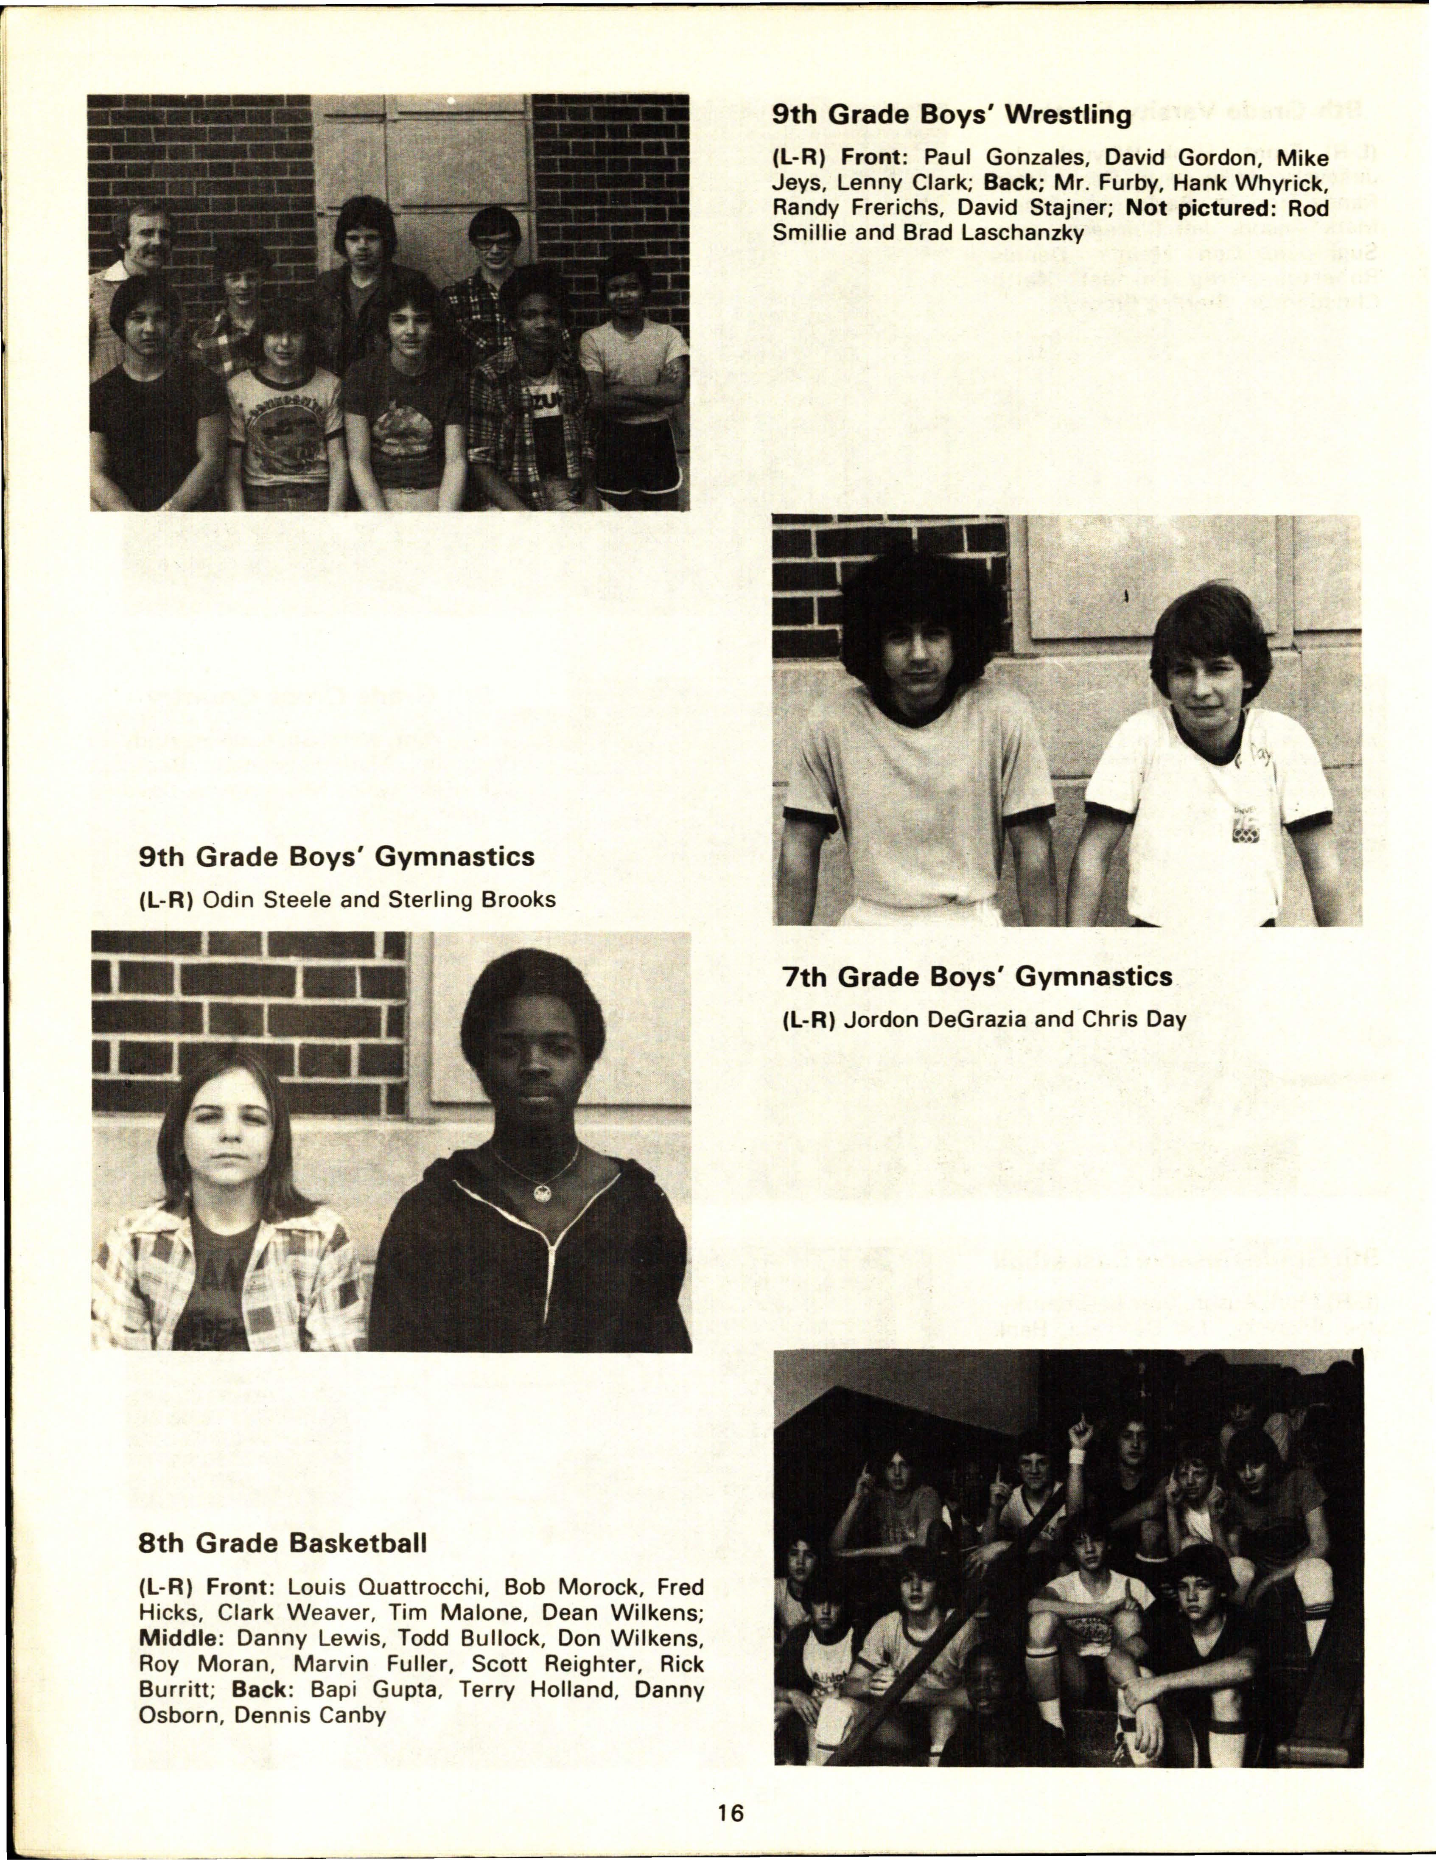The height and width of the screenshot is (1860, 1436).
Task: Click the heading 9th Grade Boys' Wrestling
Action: coord(952,115)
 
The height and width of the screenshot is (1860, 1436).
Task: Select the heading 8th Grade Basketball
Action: coord(282,1543)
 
